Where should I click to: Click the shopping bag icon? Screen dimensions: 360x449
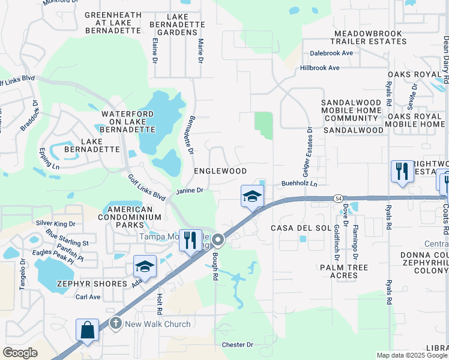click(87, 330)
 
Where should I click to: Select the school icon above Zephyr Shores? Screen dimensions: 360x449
click(144, 266)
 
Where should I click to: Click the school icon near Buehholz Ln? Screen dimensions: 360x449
click(253, 196)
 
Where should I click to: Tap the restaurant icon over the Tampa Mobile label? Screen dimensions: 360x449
click(190, 240)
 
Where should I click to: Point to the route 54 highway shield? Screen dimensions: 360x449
click(339, 198)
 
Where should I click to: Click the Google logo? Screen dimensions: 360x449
click(20, 353)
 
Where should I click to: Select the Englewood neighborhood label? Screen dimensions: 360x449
click(220, 171)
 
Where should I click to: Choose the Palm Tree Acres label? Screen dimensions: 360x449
click(339, 271)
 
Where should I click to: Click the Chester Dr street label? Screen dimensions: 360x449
click(238, 345)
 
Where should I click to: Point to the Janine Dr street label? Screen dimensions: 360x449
click(190, 190)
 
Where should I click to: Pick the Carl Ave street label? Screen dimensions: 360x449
click(88, 297)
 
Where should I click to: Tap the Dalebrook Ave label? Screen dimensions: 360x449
click(331, 53)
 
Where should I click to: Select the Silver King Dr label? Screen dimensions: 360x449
click(56, 223)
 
